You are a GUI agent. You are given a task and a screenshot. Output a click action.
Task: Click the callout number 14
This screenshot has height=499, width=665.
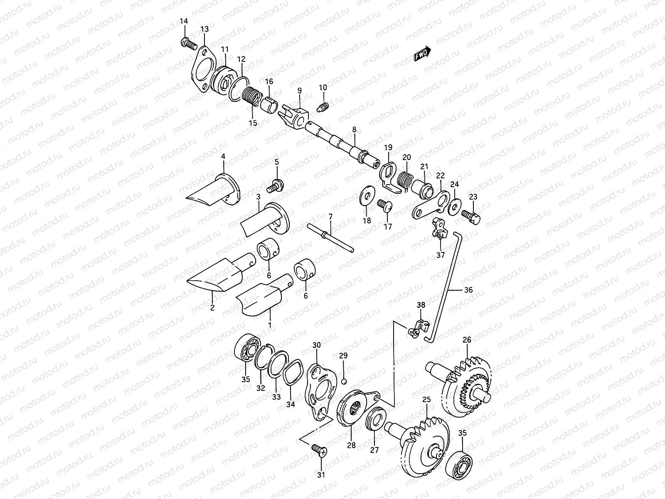(x=184, y=21)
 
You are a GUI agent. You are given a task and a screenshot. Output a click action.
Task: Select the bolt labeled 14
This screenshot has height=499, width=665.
(x=189, y=42)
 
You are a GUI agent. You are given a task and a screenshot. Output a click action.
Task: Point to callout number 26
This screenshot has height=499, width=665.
(x=467, y=340)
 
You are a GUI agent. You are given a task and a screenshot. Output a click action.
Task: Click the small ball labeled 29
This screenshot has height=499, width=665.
(x=344, y=381)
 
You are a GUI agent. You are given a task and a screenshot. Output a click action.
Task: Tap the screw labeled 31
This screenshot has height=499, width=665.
(x=320, y=450)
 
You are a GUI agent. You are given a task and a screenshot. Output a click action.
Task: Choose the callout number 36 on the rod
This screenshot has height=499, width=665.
(x=468, y=290)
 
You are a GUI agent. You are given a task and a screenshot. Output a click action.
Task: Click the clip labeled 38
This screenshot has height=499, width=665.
(x=418, y=328)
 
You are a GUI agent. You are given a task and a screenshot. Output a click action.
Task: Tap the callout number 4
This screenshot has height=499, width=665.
(x=223, y=156)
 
